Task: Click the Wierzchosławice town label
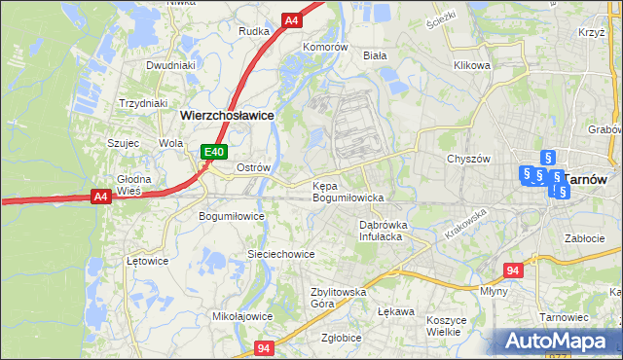coord(226,115)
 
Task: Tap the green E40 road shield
coord(214,152)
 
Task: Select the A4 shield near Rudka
coord(291,19)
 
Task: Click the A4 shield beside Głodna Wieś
coord(99,197)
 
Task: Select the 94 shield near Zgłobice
coord(264,347)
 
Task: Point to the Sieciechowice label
coord(280,254)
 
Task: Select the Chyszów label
coord(466,159)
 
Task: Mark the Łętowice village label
coord(148,261)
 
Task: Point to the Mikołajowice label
coord(242,316)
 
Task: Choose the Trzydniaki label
coord(143,103)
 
